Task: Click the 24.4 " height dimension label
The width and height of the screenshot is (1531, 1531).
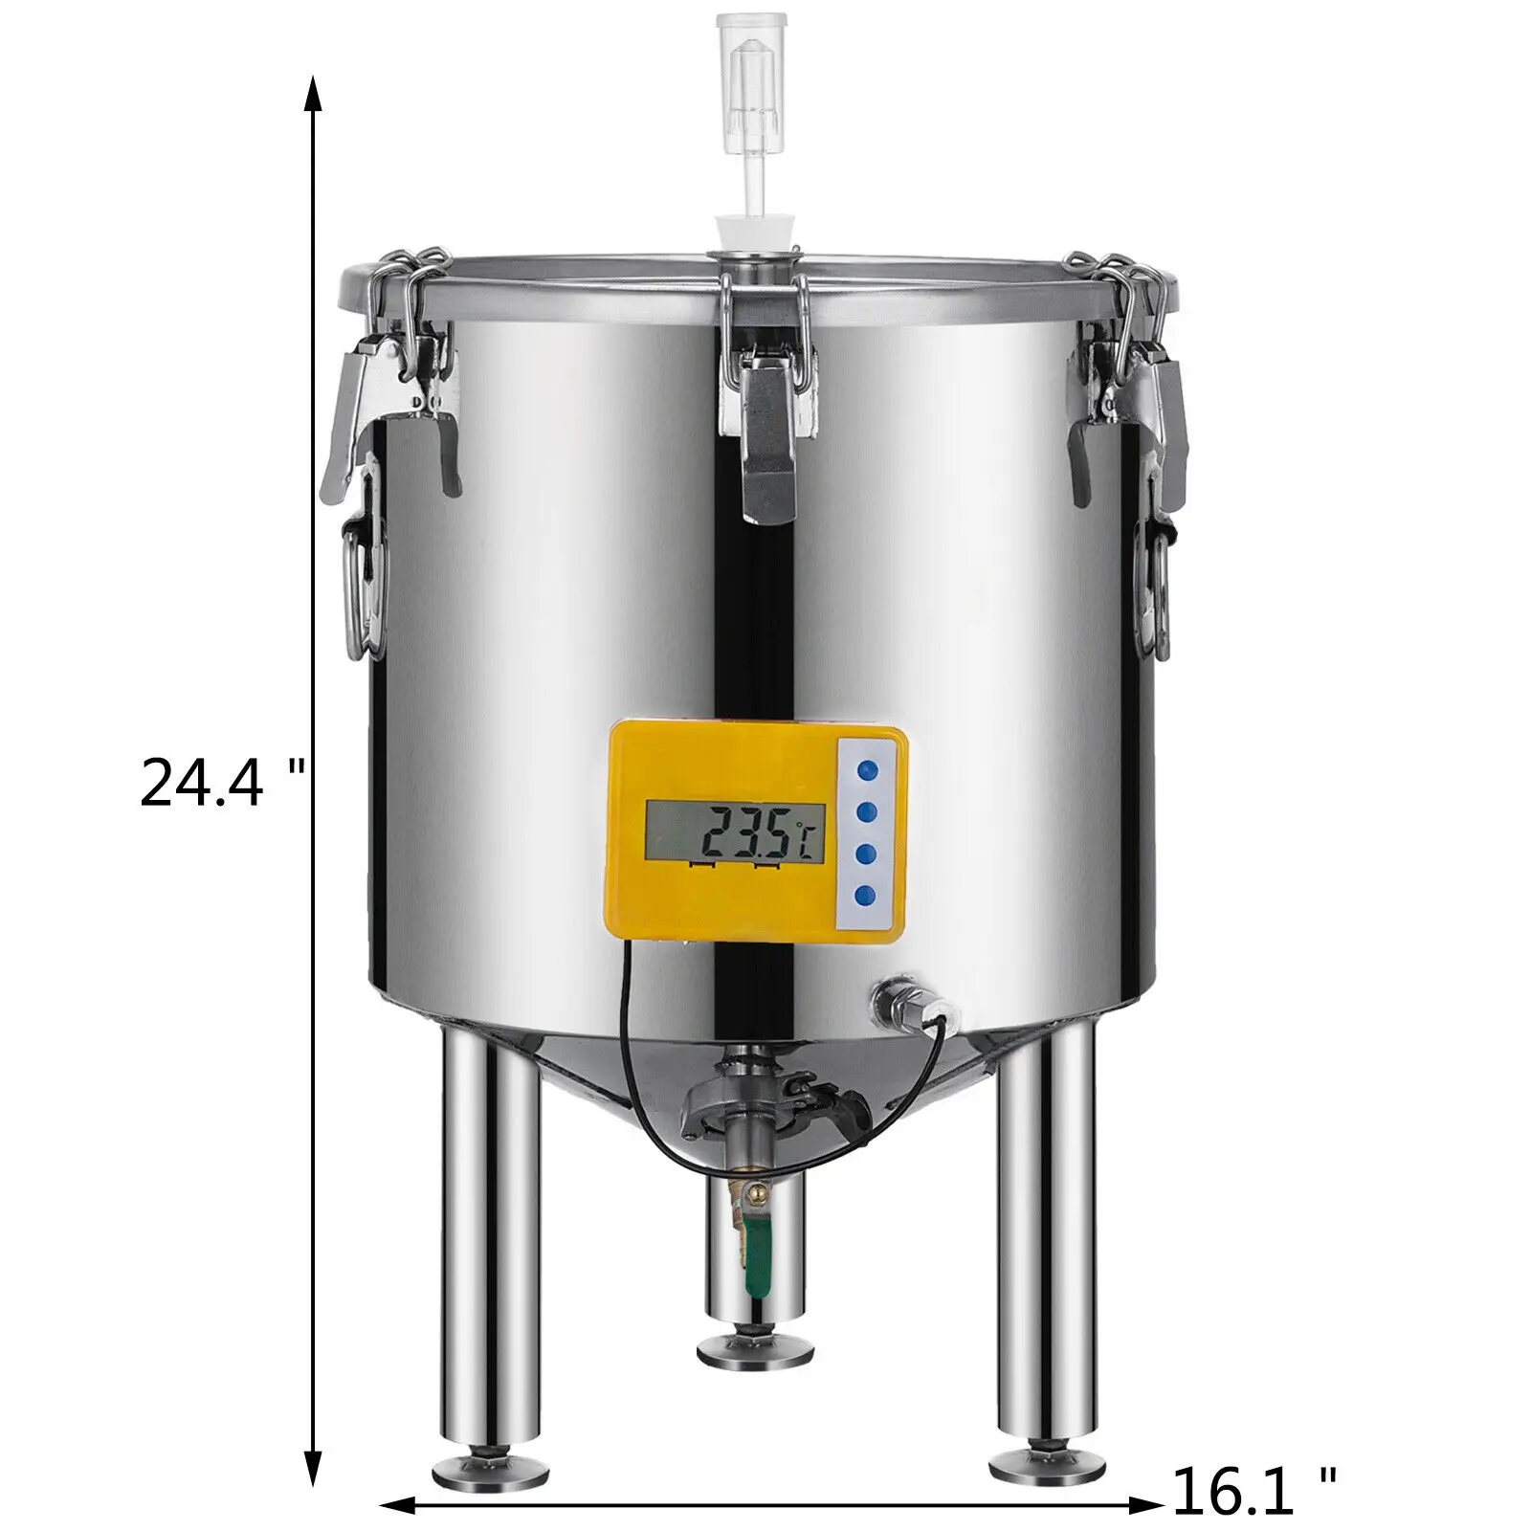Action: tap(222, 783)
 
